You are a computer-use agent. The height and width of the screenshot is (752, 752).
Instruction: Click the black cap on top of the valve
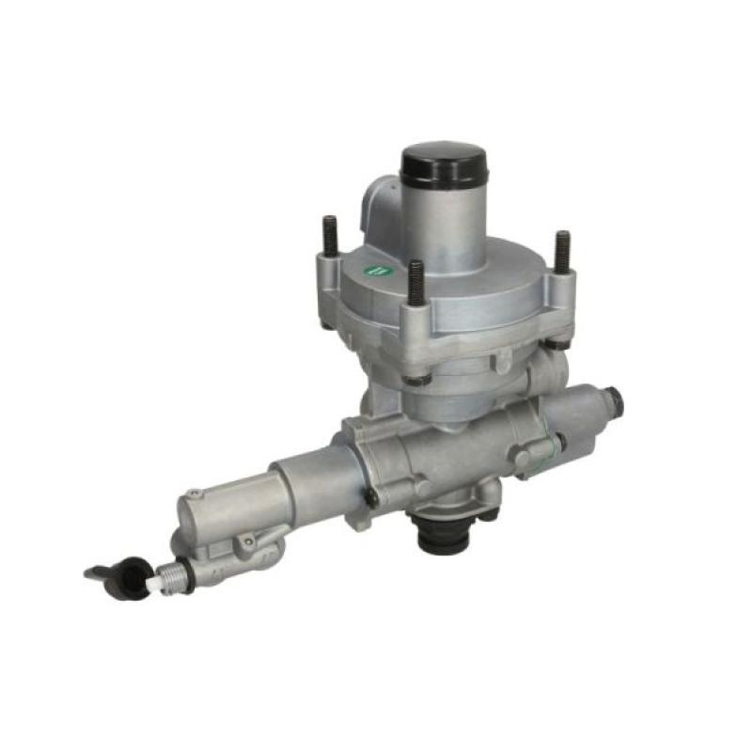coord(443,165)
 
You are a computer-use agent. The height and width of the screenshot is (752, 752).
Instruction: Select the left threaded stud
coord(330,238)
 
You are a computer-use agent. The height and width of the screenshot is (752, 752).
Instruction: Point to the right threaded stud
coord(562,251)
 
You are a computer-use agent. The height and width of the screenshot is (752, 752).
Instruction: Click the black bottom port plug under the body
coord(442,539)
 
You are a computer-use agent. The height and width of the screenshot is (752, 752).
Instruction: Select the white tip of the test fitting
coord(151,583)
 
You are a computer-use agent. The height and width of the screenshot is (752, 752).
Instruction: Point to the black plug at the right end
coord(615,401)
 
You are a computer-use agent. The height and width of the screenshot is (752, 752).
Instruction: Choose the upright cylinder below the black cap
coord(442,221)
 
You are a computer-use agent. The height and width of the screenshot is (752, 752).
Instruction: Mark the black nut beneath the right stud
coord(558,342)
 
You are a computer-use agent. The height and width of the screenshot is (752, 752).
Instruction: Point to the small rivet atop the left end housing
coord(193,493)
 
